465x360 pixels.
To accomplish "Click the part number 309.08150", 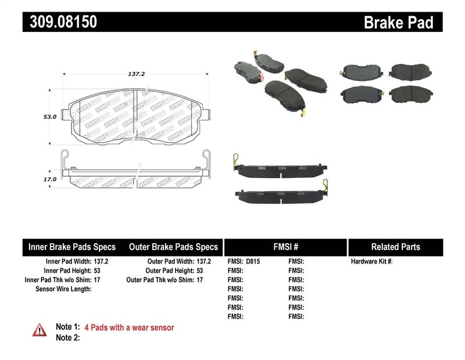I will (60, 22).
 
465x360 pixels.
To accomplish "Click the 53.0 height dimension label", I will (50, 117).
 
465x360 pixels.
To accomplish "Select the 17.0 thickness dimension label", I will (50, 180).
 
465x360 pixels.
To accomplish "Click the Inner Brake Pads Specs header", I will (72, 247).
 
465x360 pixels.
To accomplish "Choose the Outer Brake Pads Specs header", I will (173, 247).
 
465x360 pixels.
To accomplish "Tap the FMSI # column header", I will (286, 247).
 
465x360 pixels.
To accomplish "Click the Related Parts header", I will (395, 247).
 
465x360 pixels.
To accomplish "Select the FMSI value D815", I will (253, 262).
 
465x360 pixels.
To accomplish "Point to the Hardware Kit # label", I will (371, 262).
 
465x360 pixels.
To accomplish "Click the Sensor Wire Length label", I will (63, 288).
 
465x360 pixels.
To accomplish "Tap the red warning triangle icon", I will (39, 329).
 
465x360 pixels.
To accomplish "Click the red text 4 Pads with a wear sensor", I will (129, 328).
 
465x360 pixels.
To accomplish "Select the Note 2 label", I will (67, 337).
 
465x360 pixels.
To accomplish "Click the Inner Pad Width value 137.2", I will (101, 262).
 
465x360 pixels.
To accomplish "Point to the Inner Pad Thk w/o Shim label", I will (56, 280).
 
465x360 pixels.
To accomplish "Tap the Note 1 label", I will (67, 328).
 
